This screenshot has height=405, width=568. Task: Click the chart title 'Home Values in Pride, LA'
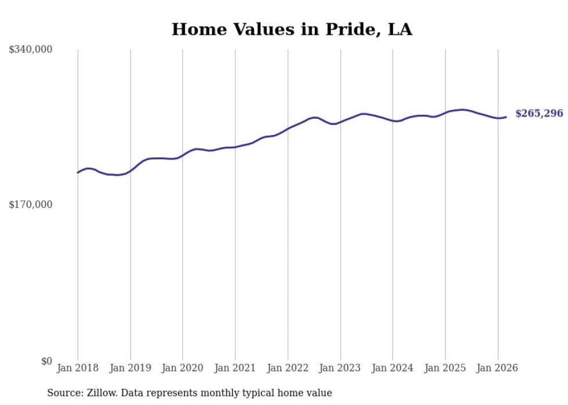(292, 30)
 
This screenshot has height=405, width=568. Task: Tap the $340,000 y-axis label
(31, 50)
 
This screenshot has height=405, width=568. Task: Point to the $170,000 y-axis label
(31, 205)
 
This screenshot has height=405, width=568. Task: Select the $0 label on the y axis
(46, 361)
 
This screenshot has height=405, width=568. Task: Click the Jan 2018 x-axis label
(78, 368)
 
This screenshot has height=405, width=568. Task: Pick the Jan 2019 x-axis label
(130, 368)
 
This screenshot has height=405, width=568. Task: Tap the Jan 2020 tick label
(183, 368)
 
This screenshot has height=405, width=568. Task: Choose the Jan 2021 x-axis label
(235, 368)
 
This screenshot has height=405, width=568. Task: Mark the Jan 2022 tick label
(288, 368)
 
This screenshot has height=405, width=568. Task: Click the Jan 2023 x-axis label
(340, 368)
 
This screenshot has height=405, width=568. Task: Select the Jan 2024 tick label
(393, 368)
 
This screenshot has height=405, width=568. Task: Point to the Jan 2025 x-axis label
(445, 368)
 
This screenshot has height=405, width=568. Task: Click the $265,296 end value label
(538, 114)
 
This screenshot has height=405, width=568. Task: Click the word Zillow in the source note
(101, 393)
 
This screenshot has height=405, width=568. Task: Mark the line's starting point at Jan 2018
(78, 173)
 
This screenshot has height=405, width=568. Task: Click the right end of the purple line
(506, 117)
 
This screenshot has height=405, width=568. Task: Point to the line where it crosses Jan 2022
(288, 128)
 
